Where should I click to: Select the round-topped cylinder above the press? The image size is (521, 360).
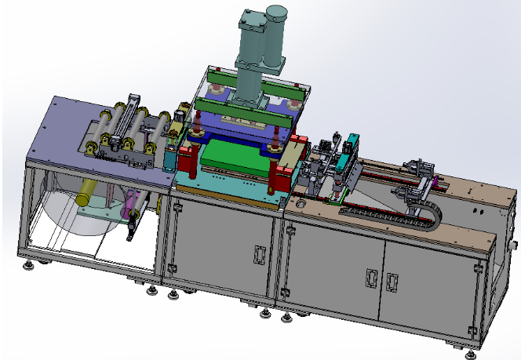pos(277,35)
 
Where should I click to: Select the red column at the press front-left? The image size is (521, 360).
pos(187,162)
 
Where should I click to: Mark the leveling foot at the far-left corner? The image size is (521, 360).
pos(30,267)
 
